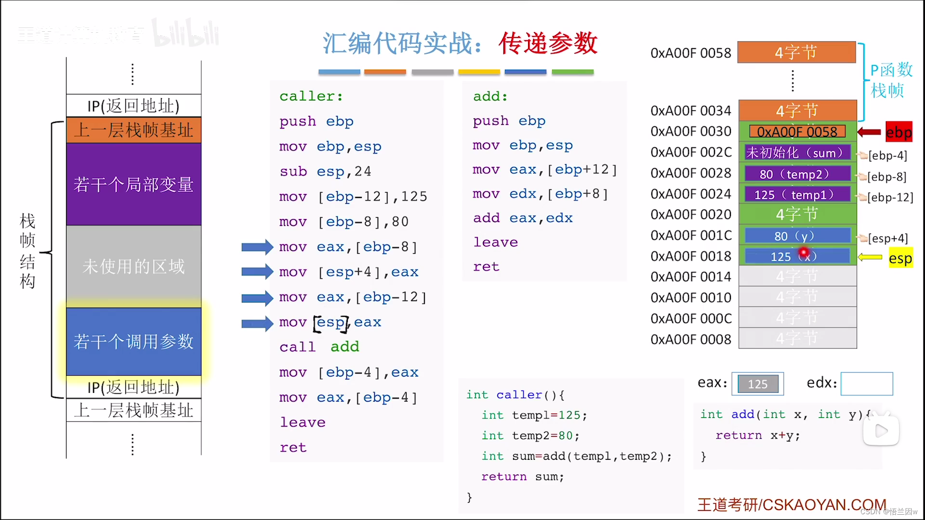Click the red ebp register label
[899, 132]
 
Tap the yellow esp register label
[900, 259]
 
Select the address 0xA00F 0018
[690, 256]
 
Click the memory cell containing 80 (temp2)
[797, 174]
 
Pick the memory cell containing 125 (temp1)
[797, 195]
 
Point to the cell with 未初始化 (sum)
[797, 153]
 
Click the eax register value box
[757, 384]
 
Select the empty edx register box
[866, 384]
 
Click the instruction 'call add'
[319, 347]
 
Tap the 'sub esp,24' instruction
[325, 171]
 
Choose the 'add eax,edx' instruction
[523, 218]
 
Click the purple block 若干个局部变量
[133, 184]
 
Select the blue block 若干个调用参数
[133, 341]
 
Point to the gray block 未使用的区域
[133, 266]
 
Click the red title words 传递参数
[548, 43]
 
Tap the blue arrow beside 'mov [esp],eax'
[257, 323]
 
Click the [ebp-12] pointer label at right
[890, 197]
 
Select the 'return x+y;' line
[757, 435]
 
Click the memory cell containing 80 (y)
[797, 236]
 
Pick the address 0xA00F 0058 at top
[690, 53]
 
